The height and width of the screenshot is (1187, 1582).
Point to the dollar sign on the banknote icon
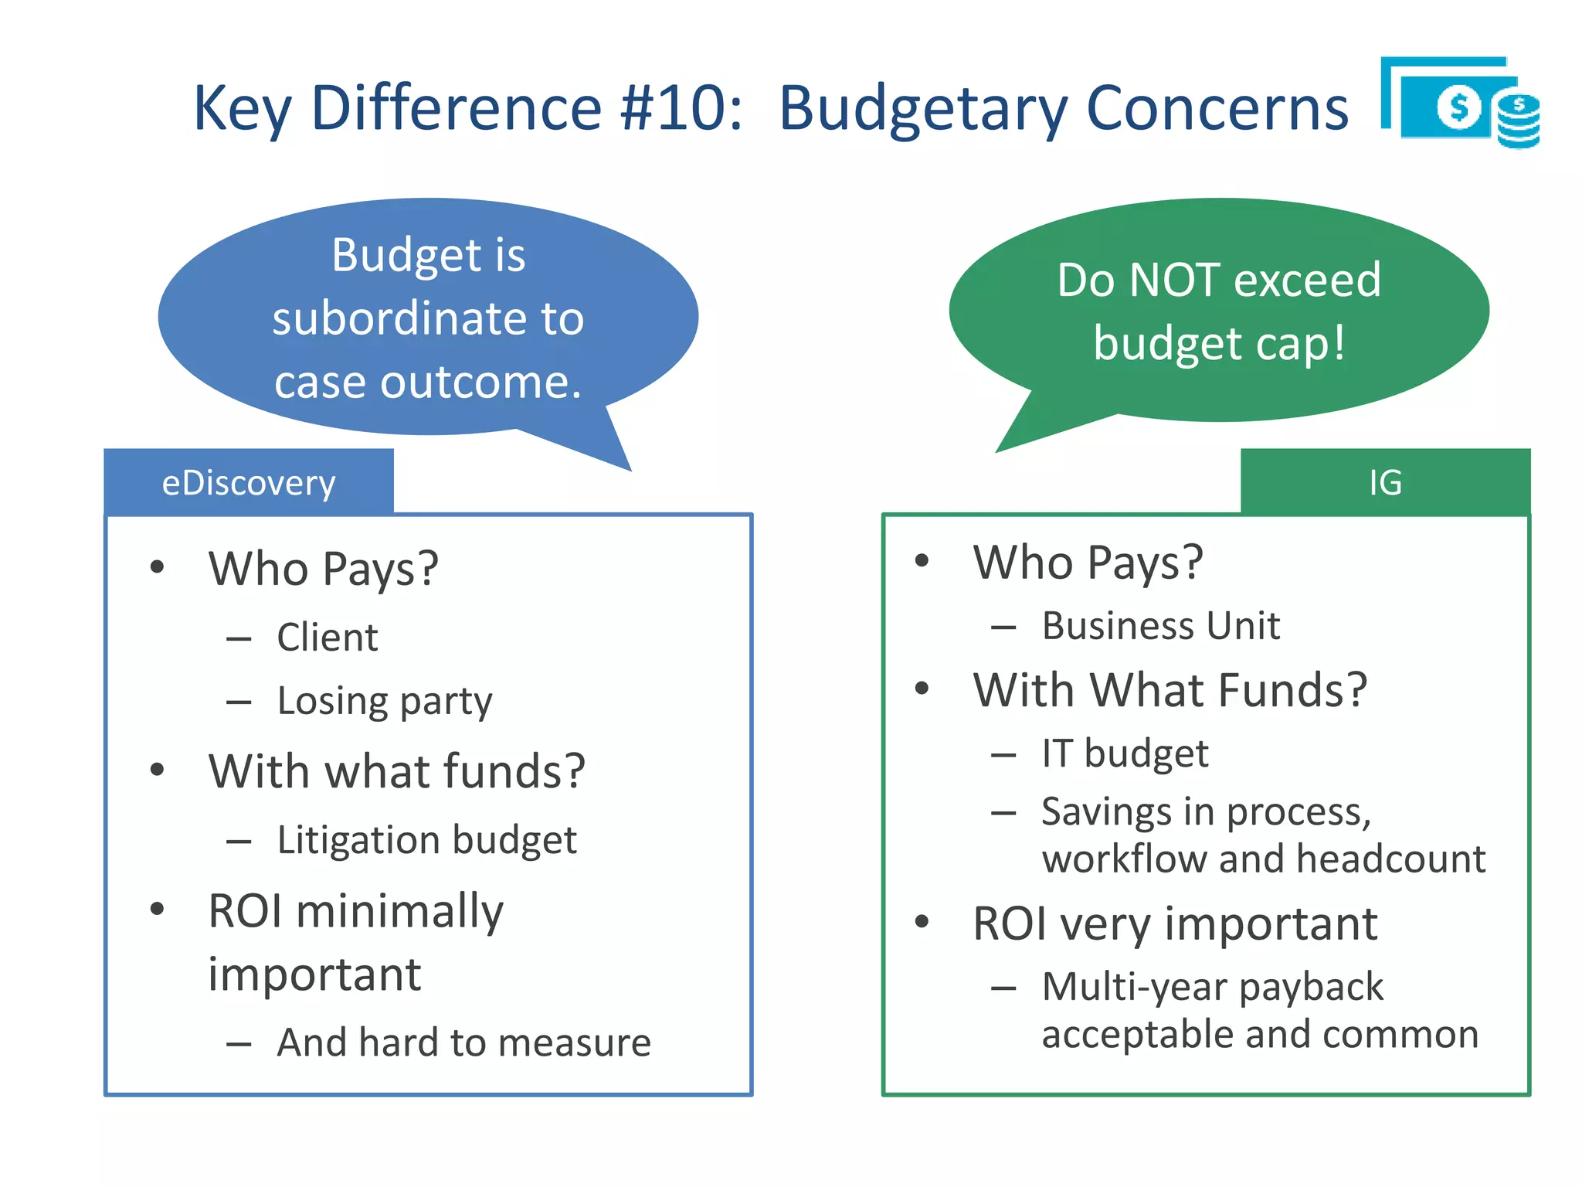1458,107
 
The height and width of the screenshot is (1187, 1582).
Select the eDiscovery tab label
249,483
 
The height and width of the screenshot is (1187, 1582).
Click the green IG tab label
1385,483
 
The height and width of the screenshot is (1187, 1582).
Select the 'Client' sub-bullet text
328,638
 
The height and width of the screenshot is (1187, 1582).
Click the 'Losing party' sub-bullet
384,702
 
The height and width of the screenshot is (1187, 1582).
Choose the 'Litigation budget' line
426,840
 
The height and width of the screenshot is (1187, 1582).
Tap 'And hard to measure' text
463,1042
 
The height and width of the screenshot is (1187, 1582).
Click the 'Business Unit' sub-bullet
1160,626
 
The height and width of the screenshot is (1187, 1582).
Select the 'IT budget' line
1125,753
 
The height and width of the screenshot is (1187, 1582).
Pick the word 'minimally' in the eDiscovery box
399,912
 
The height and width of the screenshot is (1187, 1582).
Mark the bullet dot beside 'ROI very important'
922,922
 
